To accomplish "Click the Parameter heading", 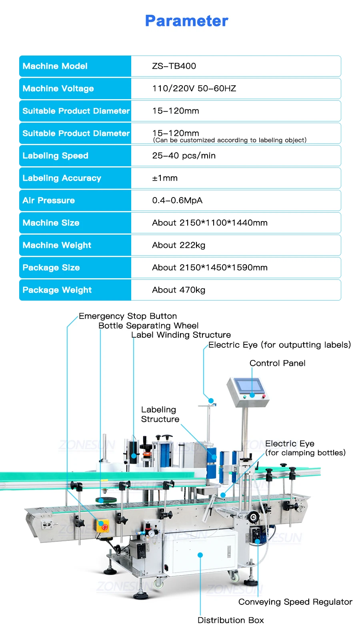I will (x=186, y=21).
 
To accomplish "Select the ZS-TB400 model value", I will (x=174, y=66).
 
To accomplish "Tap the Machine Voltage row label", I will (x=58, y=88).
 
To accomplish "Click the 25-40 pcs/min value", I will (x=184, y=156).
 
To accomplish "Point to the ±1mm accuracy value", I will (x=165, y=178).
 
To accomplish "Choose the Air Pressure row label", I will (x=49, y=200).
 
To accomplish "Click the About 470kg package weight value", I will (x=178, y=290).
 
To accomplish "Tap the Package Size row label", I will (x=51, y=267).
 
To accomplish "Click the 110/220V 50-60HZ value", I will (x=194, y=88).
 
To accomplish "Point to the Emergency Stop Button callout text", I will (x=128, y=316).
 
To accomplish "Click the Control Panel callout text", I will (x=277, y=363).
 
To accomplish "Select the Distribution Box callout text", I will (x=231, y=620).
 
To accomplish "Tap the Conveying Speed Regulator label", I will (x=295, y=602).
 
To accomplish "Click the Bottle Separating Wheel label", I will (x=148, y=325).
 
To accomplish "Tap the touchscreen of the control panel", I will (x=250, y=386).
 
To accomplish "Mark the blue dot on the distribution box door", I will (x=200, y=555).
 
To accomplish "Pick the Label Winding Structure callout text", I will (x=181, y=335).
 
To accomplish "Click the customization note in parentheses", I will (x=230, y=140).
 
